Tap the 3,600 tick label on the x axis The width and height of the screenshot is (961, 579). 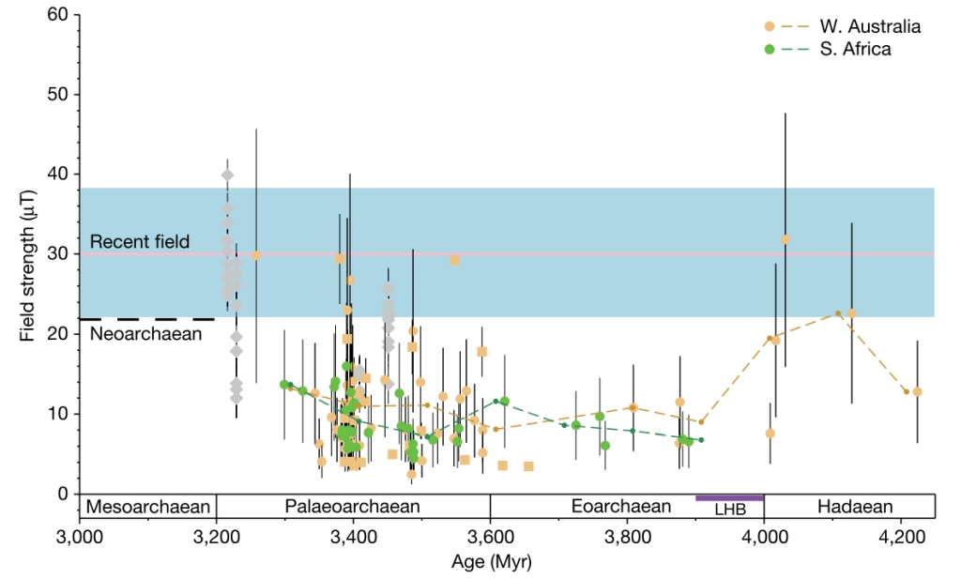(x=490, y=541)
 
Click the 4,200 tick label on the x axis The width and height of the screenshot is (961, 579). (x=901, y=541)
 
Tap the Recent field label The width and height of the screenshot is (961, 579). (x=140, y=242)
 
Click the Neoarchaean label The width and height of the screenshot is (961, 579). (x=146, y=331)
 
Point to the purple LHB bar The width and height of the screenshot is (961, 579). (x=729, y=497)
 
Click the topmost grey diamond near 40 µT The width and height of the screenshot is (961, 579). (x=227, y=175)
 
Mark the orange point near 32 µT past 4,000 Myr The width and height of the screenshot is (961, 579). (x=786, y=239)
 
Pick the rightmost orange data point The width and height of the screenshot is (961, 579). (x=917, y=391)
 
